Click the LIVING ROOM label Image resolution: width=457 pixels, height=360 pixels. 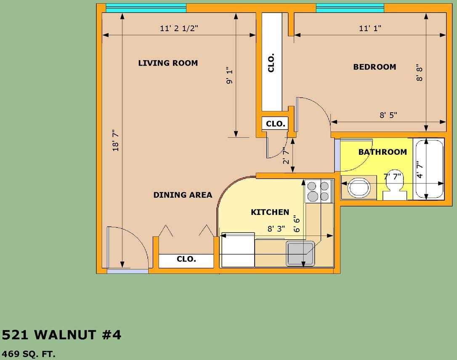(x=168, y=63)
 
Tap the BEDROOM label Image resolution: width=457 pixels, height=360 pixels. (x=375, y=67)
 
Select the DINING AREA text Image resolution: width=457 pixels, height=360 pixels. (x=183, y=195)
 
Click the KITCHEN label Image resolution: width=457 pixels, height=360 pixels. (x=270, y=212)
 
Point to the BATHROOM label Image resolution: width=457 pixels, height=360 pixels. (x=383, y=152)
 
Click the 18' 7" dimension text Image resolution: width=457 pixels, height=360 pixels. (x=116, y=140)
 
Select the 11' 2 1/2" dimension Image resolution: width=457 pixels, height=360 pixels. (x=179, y=28)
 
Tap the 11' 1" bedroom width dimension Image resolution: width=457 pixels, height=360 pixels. (x=370, y=28)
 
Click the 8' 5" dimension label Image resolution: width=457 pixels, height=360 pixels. (x=388, y=115)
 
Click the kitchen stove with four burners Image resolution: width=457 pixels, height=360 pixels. (x=319, y=191)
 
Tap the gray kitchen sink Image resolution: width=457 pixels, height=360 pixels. (x=300, y=254)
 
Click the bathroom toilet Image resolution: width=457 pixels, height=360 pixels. (x=395, y=185)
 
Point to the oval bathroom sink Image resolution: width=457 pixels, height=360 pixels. (x=359, y=188)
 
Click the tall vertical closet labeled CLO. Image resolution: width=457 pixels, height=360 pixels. (x=272, y=62)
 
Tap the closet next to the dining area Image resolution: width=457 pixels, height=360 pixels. (x=186, y=261)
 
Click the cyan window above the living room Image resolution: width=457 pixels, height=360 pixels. (x=146, y=8)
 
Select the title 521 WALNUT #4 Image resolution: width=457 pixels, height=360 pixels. (x=61, y=335)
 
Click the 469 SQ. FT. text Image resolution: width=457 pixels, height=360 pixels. (x=29, y=354)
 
